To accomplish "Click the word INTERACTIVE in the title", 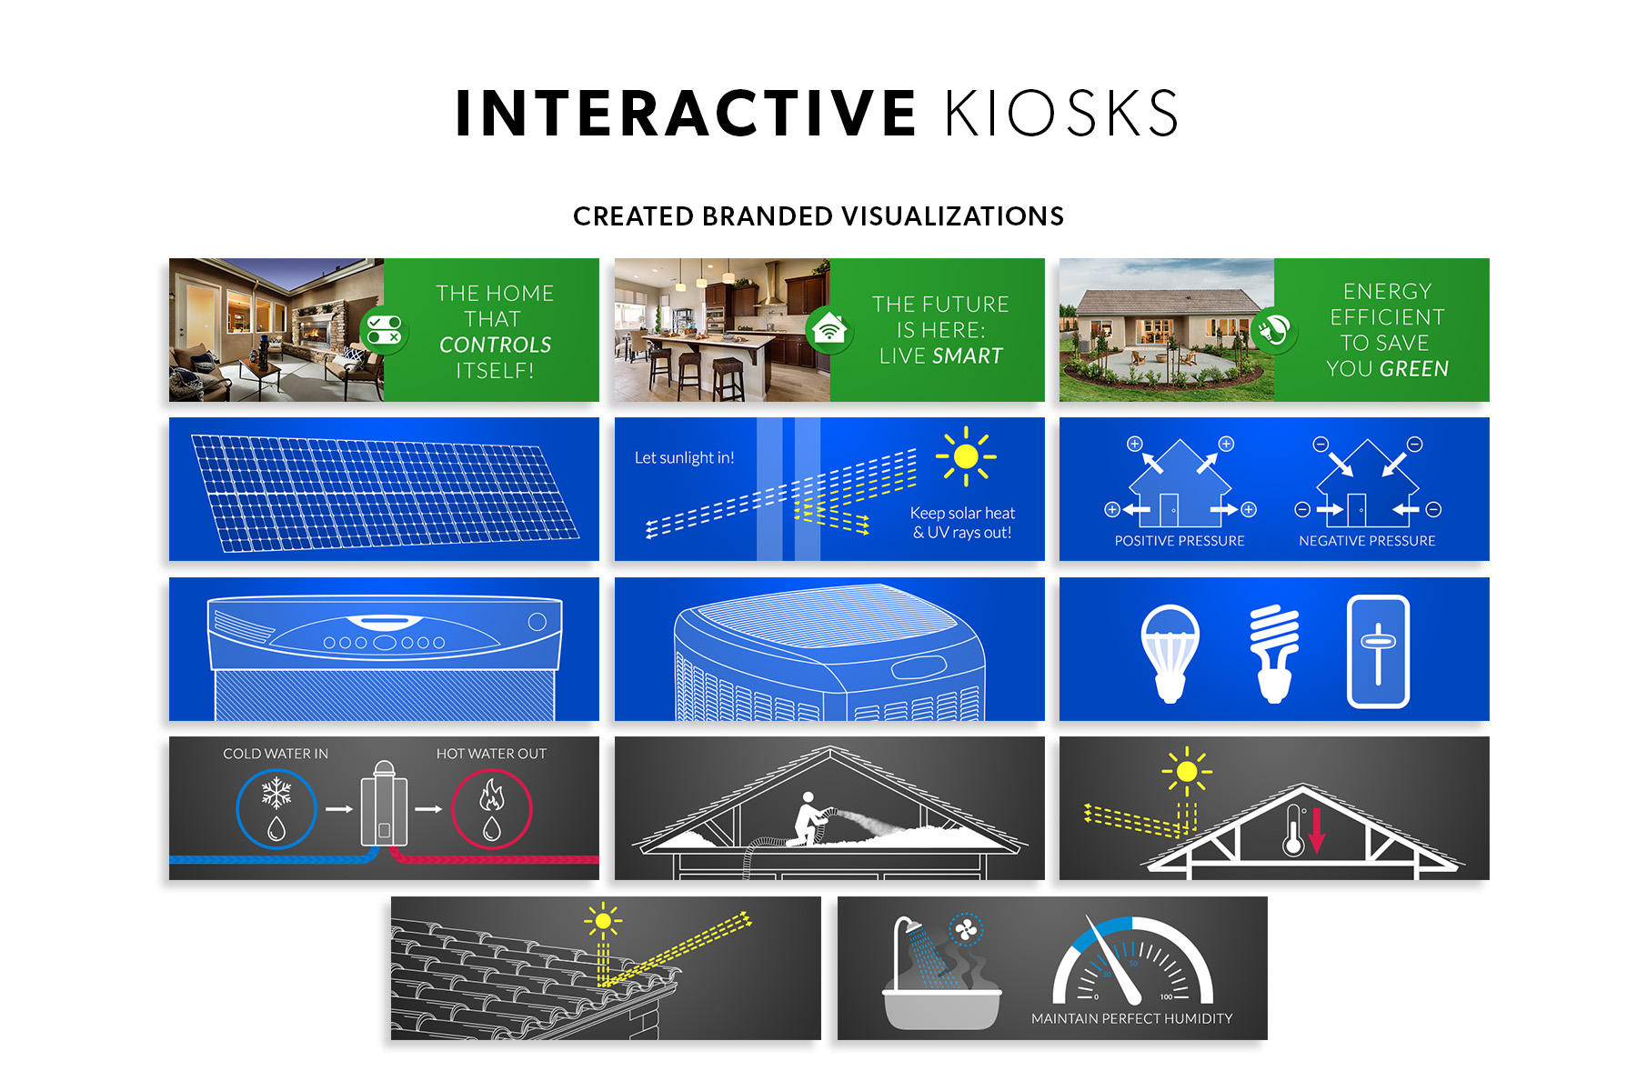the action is tap(686, 114).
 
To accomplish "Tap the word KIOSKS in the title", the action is tap(1061, 114).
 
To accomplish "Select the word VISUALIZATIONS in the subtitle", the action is tap(952, 216).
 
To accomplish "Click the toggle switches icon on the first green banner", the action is tap(384, 330).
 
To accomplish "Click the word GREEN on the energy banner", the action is tap(1414, 369).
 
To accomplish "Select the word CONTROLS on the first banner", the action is tap(496, 345).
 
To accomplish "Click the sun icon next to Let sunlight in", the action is tap(966, 456).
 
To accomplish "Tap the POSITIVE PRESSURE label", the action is tap(1180, 541).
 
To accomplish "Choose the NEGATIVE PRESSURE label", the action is tap(1367, 541).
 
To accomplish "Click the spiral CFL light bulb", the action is tap(1274, 653).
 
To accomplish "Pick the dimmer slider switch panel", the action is tap(1378, 652).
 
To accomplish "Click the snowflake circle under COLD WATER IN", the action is tap(276, 809).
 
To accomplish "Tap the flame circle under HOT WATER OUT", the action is tap(492, 809).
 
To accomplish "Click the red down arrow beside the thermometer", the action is tap(1316, 830).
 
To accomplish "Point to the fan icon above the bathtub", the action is tap(966, 929).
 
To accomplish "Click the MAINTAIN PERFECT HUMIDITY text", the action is tap(1132, 1019).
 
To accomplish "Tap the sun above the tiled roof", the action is tap(603, 921).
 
